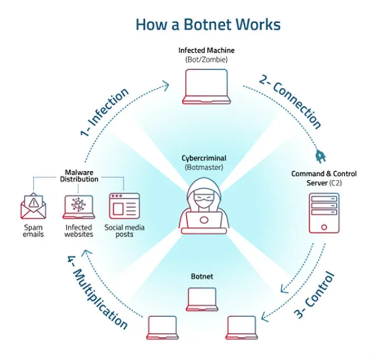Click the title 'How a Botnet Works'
click(x=208, y=24)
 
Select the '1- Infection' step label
click(x=105, y=113)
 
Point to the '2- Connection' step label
click(x=291, y=102)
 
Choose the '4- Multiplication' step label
click(x=98, y=291)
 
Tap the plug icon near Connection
click(x=320, y=155)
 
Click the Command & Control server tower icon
click(x=323, y=213)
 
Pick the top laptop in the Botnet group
click(x=203, y=299)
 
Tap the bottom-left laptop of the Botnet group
click(x=162, y=327)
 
